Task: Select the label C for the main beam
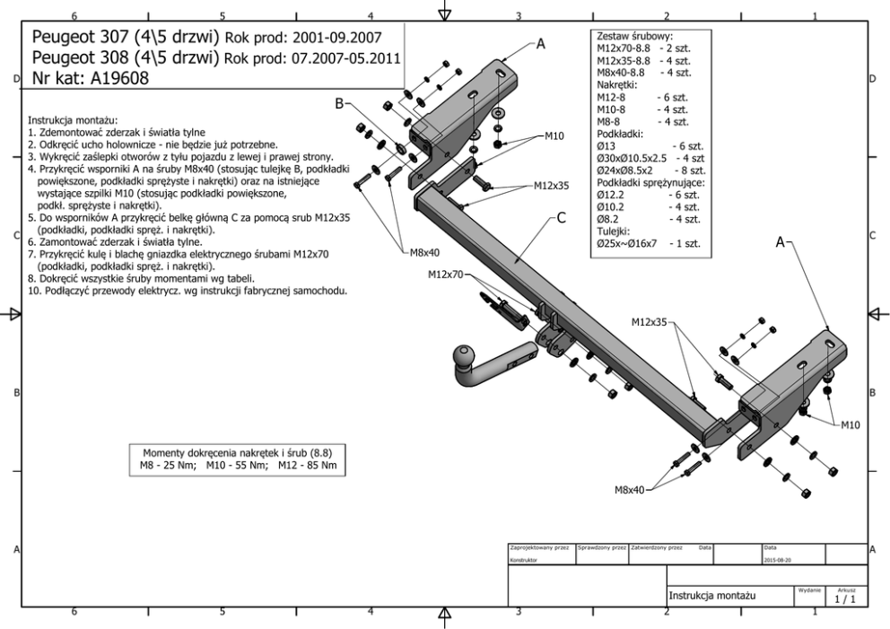pos(560,216)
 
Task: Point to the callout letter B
pos(339,104)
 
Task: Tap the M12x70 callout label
pos(447,275)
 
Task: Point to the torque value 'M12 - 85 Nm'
pos(306,467)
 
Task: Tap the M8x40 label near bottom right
pos(627,489)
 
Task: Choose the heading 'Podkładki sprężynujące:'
pos(651,183)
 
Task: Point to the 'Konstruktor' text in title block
pos(525,557)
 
